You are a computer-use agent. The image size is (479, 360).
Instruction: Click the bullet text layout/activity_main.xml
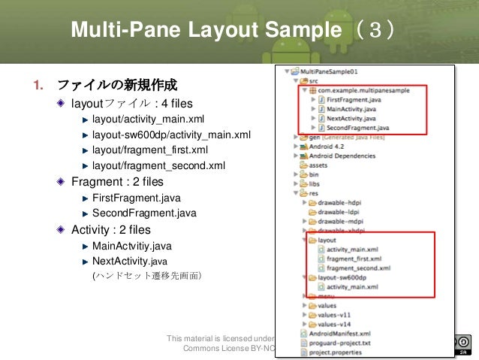point(148,119)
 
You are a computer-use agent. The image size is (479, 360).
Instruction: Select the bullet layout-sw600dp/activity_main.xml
point(171,135)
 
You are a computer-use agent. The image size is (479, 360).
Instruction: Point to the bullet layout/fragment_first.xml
point(149,150)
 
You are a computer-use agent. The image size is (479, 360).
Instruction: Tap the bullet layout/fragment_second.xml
point(158,166)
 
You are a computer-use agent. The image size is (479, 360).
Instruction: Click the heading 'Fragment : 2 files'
point(117,182)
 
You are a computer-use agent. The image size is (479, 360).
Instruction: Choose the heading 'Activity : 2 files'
point(110,230)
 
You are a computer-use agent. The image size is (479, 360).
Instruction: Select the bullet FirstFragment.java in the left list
point(136,198)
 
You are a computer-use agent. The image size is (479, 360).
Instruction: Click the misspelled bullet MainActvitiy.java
point(131,246)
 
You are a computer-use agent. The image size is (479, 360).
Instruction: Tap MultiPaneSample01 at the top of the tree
point(331,71)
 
